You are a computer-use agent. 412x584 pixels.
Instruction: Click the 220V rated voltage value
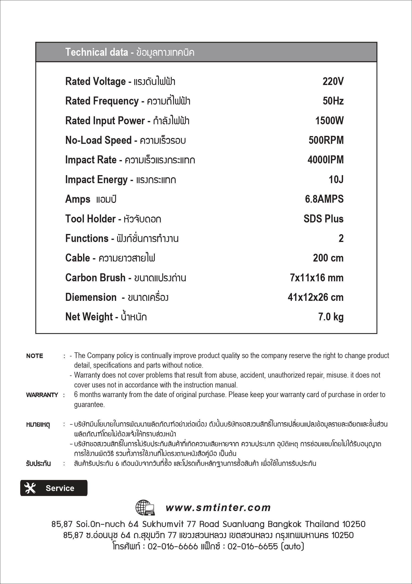[x=333, y=81]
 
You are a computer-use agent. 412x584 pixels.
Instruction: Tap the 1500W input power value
[x=329, y=121]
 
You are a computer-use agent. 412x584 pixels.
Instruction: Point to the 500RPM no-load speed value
[x=326, y=140]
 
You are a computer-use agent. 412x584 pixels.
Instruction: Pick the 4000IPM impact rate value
[x=326, y=160]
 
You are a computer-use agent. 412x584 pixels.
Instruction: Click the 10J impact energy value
[x=336, y=180]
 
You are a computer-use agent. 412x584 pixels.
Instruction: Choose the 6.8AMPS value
[x=324, y=199]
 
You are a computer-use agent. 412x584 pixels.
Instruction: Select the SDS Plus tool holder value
[x=323, y=219]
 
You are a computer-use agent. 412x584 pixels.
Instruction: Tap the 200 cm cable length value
[x=328, y=258]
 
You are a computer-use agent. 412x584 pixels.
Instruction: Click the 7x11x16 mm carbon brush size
[x=317, y=278]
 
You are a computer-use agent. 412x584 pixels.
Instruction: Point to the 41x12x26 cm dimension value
[x=316, y=297]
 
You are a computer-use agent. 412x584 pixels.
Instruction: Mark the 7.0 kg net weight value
[x=330, y=317]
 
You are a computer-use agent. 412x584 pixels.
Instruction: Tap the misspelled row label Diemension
[x=91, y=297]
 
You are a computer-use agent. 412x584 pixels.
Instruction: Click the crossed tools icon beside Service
[x=30, y=488]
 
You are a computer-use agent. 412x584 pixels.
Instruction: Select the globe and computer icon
[x=145, y=507]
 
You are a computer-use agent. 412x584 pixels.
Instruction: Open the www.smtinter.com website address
[x=218, y=508]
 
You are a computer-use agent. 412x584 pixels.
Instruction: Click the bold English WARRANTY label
[x=42, y=395]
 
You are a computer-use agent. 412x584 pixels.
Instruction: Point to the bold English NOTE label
[x=35, y=356]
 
